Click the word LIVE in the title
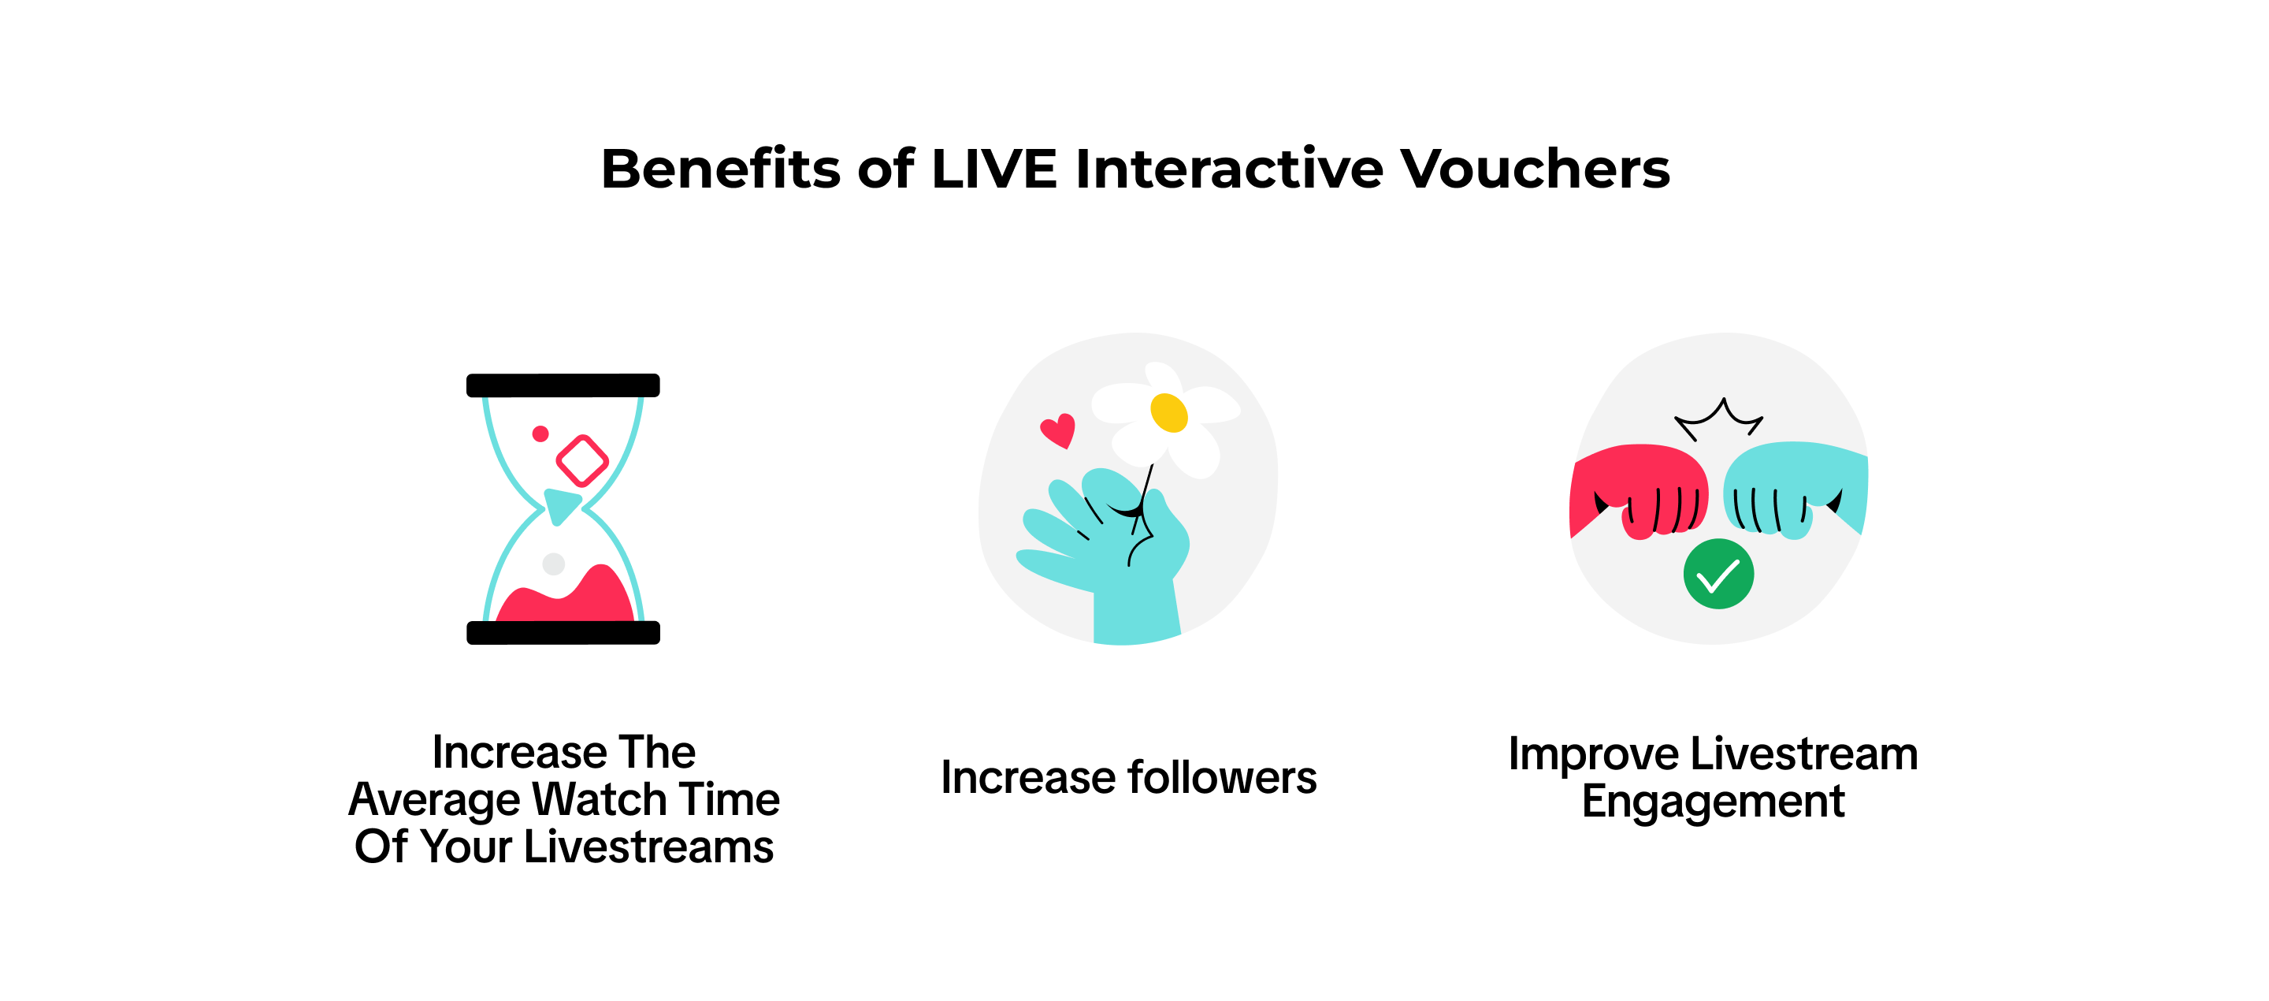(993, 169)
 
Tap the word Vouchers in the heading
(1536, 169)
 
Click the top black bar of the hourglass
(563, 385)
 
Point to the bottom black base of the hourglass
(563, 633)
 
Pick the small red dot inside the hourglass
(540, 434)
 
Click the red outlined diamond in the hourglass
(582, 460)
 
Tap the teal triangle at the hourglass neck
(560, 506)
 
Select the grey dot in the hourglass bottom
(553, 564)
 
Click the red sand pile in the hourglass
(566, 599)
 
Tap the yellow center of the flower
(1169, 412)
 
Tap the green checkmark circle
(1718, 574)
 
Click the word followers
(1223, 778)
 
